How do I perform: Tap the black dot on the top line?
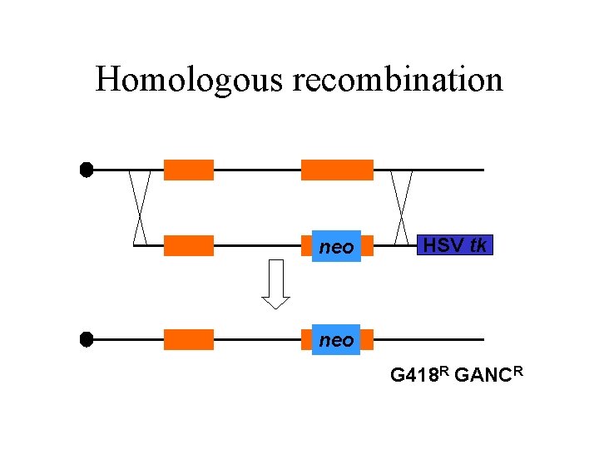click(x=86, y=170)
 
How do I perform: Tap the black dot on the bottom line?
click(x=86, y=339)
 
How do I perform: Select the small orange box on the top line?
click(x=189, y=170)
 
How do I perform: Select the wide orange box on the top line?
click(x=337, y=170)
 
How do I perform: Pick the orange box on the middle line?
click(x=189, y=245)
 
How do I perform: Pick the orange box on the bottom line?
click(x=189, y=339)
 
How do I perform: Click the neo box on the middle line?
click(x=336, y=247)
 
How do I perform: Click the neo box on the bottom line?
click(x=336, y=340)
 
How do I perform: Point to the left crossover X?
click(x=140, y=207)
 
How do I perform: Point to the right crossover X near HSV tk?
click(x=402, y=207)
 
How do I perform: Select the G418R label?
click(x=420, y=375)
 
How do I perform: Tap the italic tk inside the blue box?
click(x=478, y=245)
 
